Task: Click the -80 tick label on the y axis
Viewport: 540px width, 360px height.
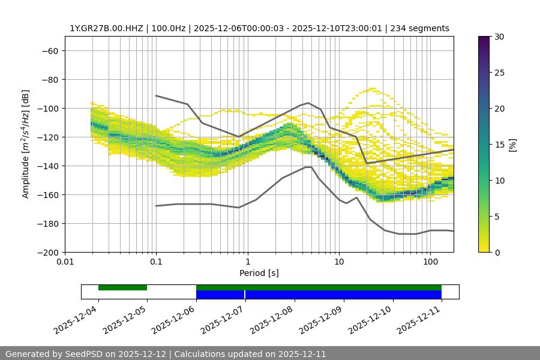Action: point(49,79)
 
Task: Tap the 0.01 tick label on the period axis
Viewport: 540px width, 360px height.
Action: point(65,262)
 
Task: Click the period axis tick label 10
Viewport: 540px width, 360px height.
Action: point(339,262)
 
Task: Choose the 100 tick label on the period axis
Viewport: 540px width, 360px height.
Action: point(430,262)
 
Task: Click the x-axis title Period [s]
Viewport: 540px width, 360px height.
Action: point(259,273)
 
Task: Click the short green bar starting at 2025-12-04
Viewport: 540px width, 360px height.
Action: point(122,287)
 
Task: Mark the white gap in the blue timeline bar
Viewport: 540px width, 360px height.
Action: point(245,295)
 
